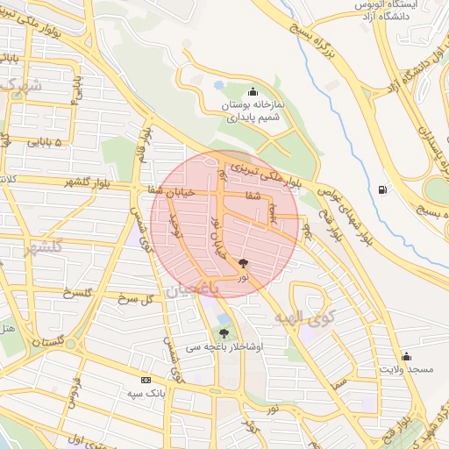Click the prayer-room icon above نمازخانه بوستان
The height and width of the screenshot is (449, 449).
[253, 91]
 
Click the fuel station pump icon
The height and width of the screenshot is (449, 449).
[381, 190]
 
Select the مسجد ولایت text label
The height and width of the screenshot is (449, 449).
[406, 370]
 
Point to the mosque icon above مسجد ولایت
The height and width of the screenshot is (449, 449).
[406, 356]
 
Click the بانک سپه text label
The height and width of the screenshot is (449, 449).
[145, 394]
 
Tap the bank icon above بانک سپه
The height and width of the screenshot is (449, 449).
[146, 380]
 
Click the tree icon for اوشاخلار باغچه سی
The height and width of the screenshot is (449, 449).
[224, 333]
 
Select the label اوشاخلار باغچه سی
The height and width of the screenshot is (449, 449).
[224, 347]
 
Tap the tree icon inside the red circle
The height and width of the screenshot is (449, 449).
[244, 262]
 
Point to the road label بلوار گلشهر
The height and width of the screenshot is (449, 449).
[67, 182]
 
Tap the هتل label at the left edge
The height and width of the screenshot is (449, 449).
[7, 330]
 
